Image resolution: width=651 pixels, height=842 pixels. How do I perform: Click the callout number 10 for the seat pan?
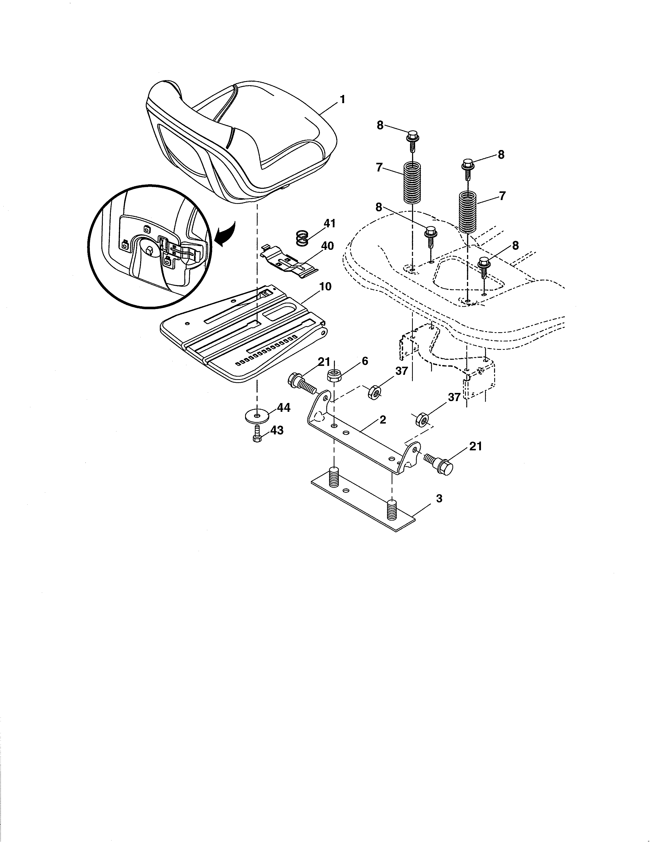tap(325, 287)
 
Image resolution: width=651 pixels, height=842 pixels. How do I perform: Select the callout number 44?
tap(283, 408)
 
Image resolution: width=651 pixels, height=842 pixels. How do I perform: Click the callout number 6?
tap(365, 361)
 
